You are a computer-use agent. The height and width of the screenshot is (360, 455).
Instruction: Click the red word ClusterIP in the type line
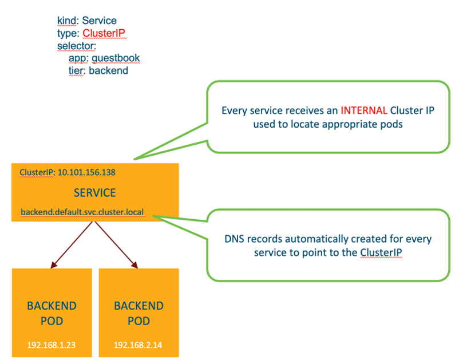[104, 33]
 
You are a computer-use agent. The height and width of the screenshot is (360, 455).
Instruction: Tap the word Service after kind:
[100, 21]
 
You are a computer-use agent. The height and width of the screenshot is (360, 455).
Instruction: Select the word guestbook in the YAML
[118, 58]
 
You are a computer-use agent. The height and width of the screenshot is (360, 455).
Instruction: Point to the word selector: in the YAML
[76, 46]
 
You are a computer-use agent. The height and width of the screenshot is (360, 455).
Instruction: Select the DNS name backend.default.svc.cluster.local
[82, 213]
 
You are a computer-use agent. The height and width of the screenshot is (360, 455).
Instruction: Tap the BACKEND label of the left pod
[52, 306]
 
